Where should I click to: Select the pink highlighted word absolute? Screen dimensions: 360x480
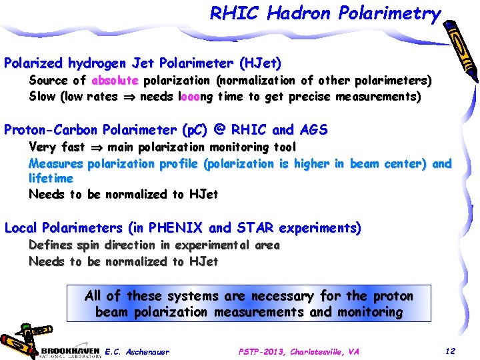pyautogui.click(x=115, y=81)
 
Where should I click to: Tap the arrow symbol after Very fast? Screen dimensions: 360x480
pyautogui.click(x=95, y=147)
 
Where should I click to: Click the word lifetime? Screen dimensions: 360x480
pyautogui.click(x=51, y=179)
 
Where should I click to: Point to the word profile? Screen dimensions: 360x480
pyautogui.click(x=177, y=163)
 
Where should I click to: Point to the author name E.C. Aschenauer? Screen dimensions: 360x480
pyautogui.click(x=137, y=351)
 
